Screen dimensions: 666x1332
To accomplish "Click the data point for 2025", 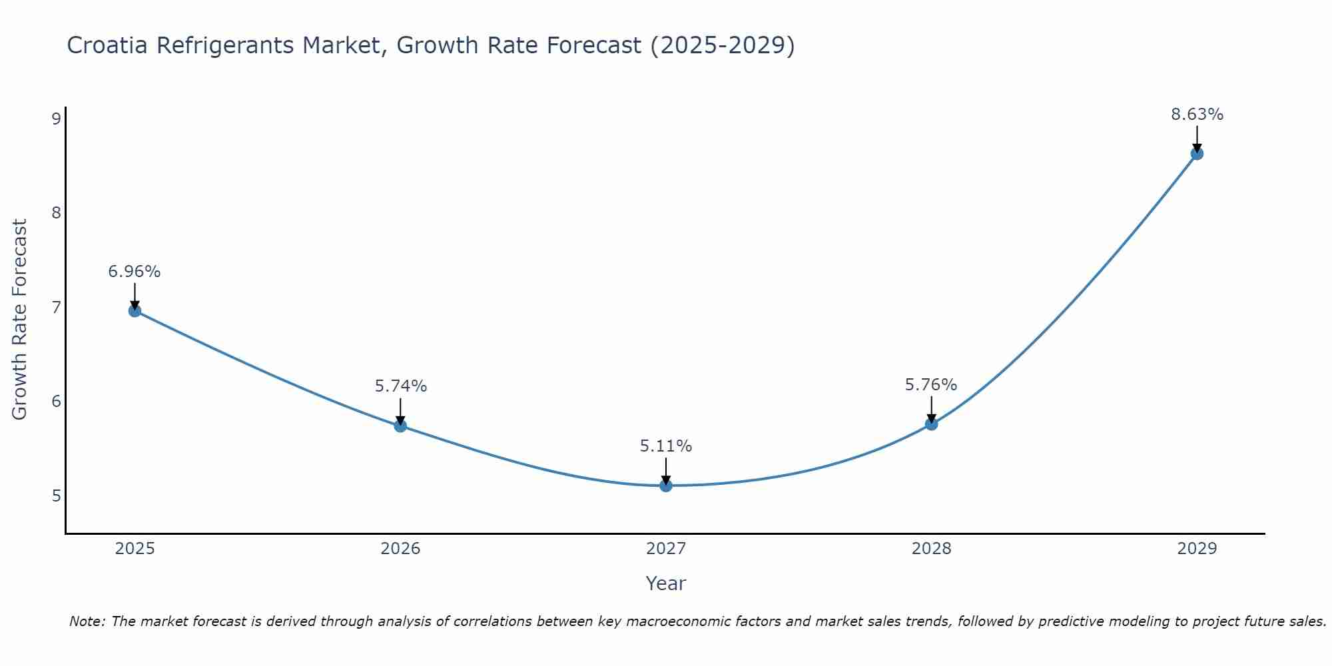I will pyautogui.click(x=135, y=310).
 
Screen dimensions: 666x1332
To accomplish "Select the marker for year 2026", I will pyautogui.click(x=400, y=426).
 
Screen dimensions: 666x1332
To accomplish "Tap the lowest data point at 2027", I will pyautogui.click(x=666, y=486).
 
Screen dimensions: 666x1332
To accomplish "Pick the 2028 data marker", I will pyautogui.click(x=931, y=424).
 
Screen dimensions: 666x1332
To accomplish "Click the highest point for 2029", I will pyautogui.click(x=1197, y=154).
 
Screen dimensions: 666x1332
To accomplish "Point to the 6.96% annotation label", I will pyautogui.click(x=135, y=272).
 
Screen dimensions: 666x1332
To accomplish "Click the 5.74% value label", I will pyautogui.click(x=400, y=386).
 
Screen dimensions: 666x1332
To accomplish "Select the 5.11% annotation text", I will pyautogui.click(x=666, y=446).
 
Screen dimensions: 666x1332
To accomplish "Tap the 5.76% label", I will pyautogui.click(x=931, y=385).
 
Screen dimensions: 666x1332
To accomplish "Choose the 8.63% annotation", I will pyautogui.click(x=1197, y=115).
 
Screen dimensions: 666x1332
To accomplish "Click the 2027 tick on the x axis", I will pyautogui.click(x=666, y=549).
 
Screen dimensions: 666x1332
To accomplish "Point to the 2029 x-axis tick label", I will pyautogui.click(x=1197, y=549).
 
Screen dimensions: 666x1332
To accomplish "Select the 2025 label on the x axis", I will pyautogui.click(x=135, y=549).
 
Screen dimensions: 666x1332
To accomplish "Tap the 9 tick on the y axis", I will pyautogui.click(x=56, y=119).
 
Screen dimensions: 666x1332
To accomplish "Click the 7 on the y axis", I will pyautogui.click(x=56, y=308).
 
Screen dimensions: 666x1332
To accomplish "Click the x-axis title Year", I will pyautogui.click(x=666, y=583).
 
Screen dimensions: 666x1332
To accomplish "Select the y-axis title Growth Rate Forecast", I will pyautogui.click(x=20, y=320).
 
